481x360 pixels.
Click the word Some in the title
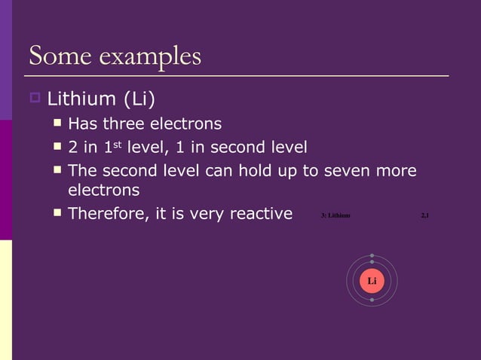54,56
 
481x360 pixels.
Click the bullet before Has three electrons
57,122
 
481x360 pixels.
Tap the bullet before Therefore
57,213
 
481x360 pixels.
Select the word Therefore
108,214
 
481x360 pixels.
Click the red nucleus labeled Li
372,281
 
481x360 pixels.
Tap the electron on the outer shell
372,255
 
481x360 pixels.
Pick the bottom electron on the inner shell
372,300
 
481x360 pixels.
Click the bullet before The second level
57,170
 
